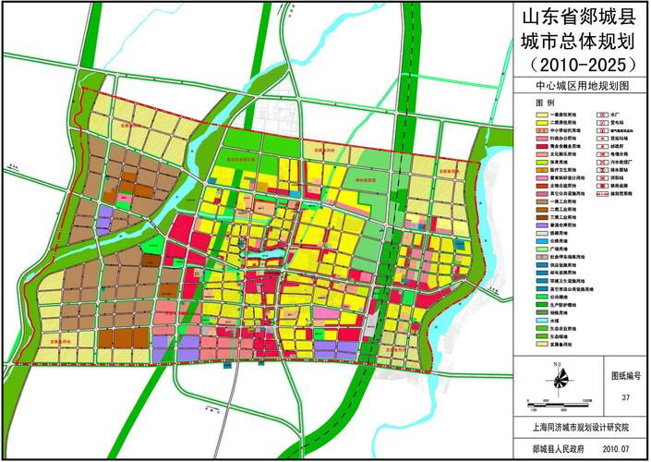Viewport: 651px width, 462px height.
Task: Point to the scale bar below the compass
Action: click(x=560, y=401)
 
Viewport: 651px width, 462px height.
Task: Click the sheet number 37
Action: click(x=625, y=397)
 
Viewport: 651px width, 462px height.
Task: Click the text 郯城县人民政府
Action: click(x=554, y=446)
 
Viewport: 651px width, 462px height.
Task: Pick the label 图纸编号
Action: click(x=625, y=377)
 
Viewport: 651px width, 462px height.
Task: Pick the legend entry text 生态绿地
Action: click(x=561, y=336)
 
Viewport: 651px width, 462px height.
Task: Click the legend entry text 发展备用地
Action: click(x=562, y=345)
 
